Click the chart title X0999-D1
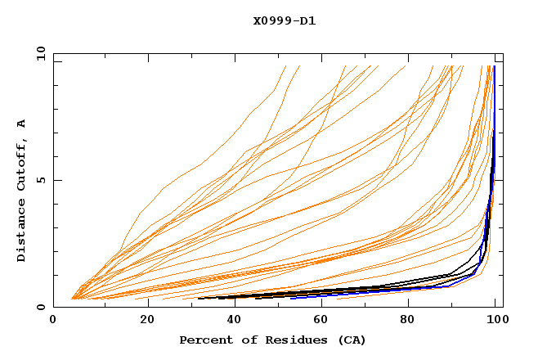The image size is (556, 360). (284, 20)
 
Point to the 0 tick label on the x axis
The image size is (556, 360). (53, 320)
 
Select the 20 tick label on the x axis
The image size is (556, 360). (142, 320)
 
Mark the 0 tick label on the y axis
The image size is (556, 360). (41, 307)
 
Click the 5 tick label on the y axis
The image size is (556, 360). (41, 180)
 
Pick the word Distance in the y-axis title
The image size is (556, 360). (21, 232)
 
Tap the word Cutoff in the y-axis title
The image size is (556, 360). (21, 165)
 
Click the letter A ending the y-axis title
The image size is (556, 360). (21, 124)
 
